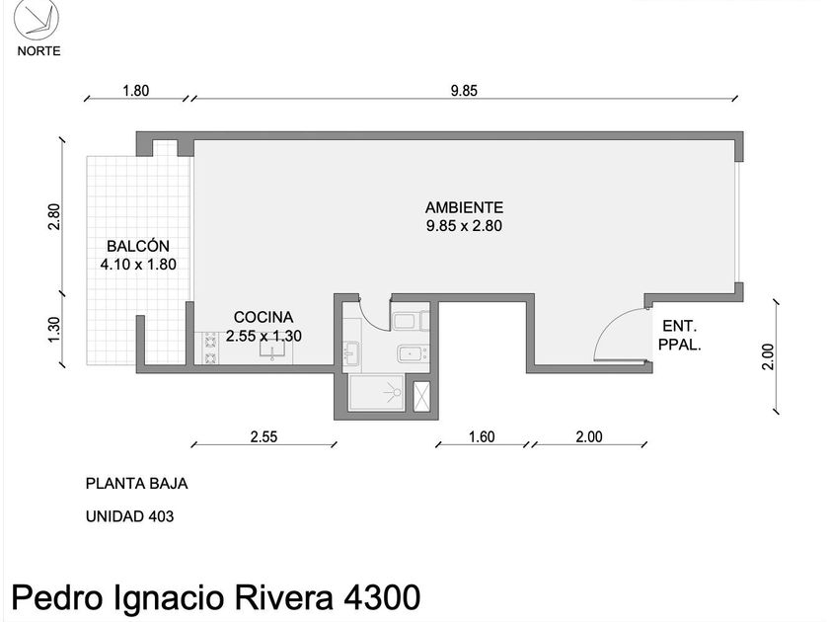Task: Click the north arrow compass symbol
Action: (x=36, y=20)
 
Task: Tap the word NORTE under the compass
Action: (x=39, y=51)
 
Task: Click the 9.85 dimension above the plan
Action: (x=464, y=91)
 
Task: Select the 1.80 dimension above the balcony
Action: (x=136, y=91)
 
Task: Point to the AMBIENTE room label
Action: (x=464, y=207)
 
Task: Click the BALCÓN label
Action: (x=138, y=246)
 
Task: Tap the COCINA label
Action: (x=264, y=317)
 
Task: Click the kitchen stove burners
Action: (x=210, y=348)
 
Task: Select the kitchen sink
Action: (x=272, y=349)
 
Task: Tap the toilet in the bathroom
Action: (x=411, y=321)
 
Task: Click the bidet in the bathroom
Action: (x=413, y=353)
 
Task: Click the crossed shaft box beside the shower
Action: (x=421, y=396)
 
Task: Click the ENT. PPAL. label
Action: (x=679, y=336)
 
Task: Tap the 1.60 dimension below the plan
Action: (x=482, y=436)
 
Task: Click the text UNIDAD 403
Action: (x=129, y=516)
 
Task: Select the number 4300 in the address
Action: (x=382, y=597)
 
